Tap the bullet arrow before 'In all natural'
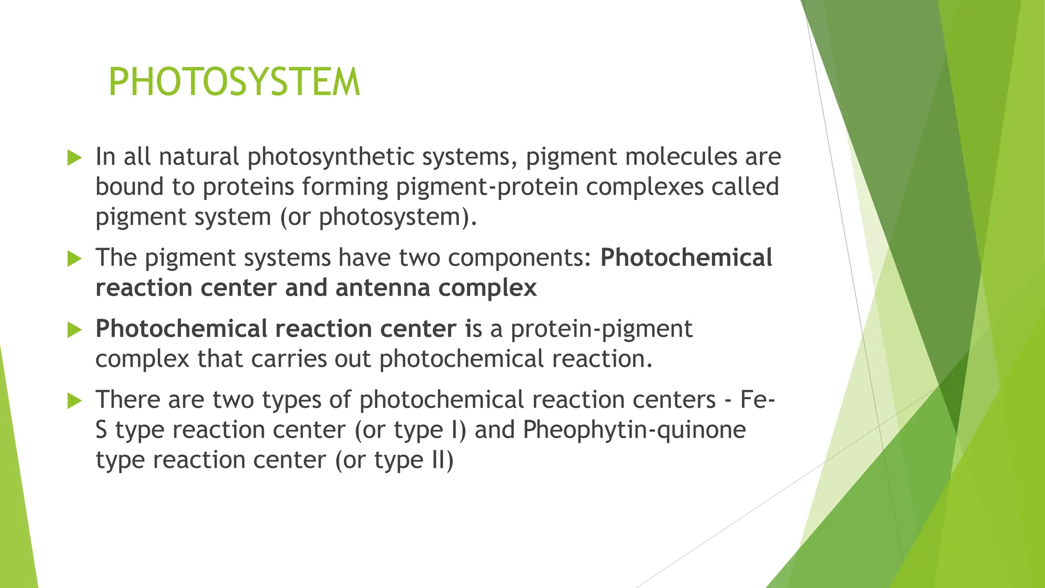point(74,158)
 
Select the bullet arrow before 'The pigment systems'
point(74,259)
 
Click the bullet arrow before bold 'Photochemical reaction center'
point(74,330)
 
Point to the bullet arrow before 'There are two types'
point(74,401)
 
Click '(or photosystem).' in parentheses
point(378,217)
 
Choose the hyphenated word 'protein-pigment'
point(602,329)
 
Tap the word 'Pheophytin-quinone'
point(634,430)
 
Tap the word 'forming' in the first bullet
point(345,187)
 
